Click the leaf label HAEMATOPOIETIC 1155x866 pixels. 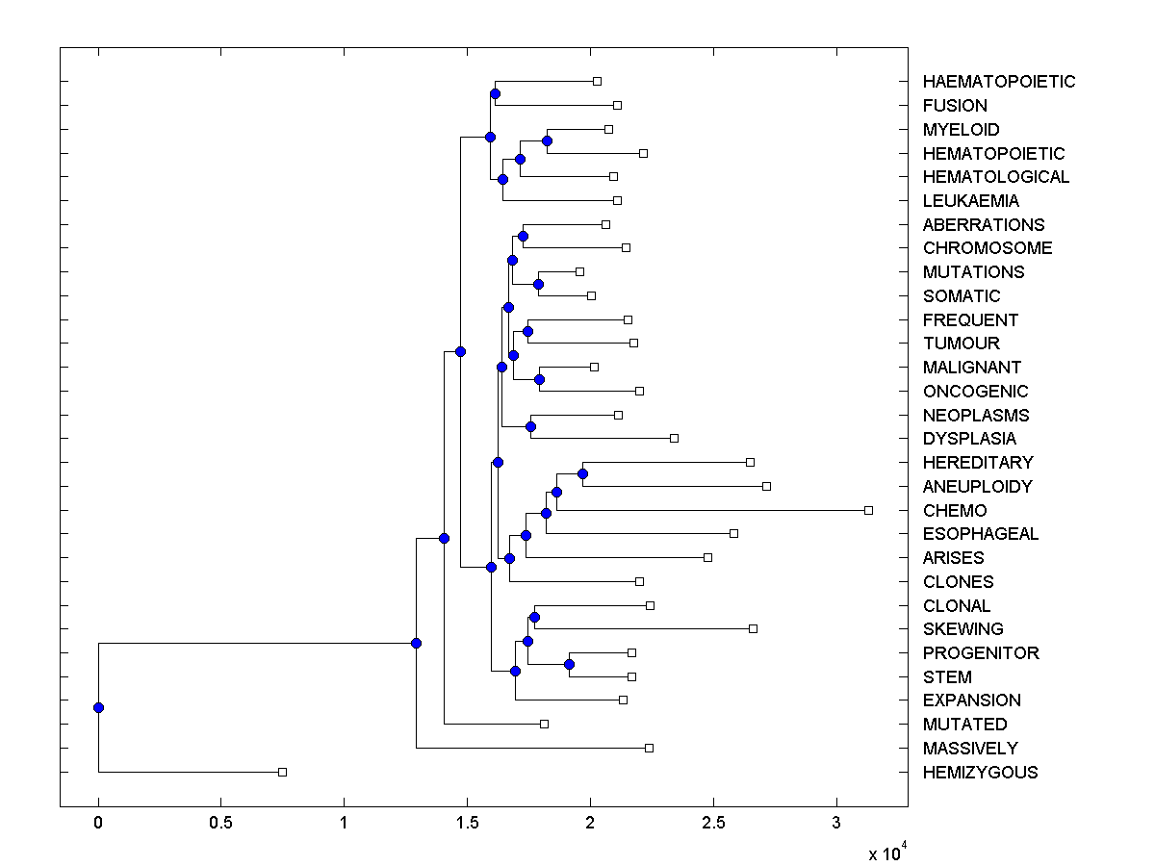998,82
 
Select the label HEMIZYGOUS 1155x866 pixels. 980,773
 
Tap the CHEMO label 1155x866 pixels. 954,511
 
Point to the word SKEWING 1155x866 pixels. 962,629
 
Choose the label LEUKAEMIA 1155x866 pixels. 970,201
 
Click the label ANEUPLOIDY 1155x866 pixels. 977,487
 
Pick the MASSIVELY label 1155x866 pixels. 969,749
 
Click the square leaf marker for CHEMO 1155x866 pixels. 868,510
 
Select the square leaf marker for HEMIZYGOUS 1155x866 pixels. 282,772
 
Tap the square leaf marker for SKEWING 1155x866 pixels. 753,628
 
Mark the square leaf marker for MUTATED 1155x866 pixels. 544,724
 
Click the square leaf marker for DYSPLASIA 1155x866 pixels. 674,438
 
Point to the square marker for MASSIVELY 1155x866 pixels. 649,748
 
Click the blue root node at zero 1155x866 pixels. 98,707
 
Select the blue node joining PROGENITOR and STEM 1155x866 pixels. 569,664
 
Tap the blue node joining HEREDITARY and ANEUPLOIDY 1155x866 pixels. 582,473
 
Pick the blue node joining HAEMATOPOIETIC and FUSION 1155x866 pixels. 495,93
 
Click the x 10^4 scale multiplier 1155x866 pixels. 883,853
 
